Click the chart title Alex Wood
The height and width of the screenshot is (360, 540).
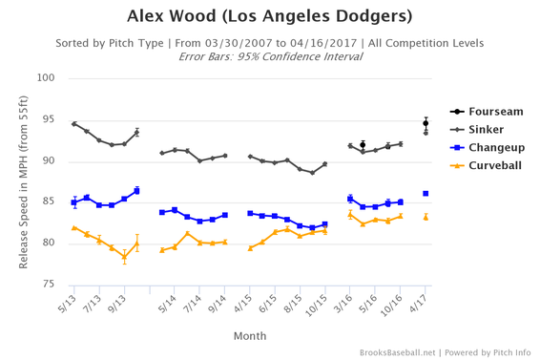pyautogui.click(x=270, y=17)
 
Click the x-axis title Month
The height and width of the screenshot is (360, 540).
pyautogui.click(x=251, y=336)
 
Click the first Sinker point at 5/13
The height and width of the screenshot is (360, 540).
pyautogui.click(x=74, y=123)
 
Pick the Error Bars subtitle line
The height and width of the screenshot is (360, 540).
pyautogui.click(x=270, y=56)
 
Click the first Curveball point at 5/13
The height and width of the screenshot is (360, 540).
pyautogui.click(x=74, y=227)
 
